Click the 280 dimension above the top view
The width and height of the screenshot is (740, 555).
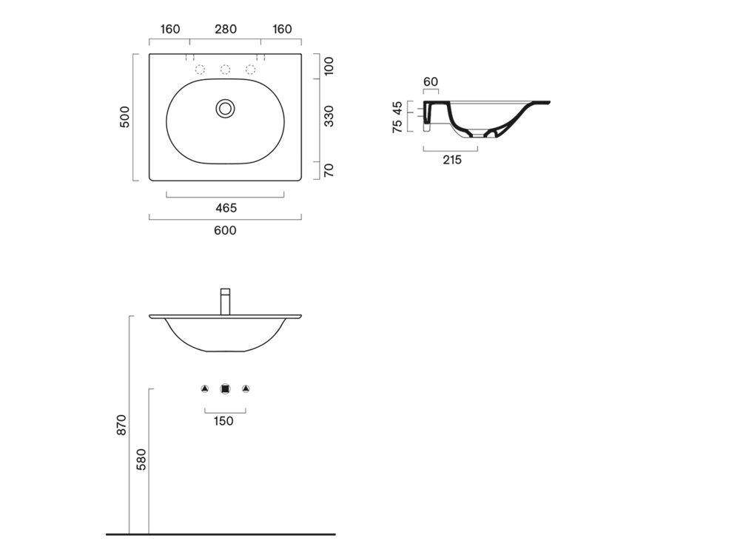(x=226, y=30)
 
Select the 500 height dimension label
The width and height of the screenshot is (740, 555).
(x=124, y=117)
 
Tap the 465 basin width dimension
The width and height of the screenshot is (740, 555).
(x=226, y=208)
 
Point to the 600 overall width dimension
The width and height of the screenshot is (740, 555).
(x=225, y=230)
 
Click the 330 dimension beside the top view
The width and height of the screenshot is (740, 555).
(x=329, y=116)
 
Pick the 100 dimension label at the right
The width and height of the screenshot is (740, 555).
(x=329, y=66)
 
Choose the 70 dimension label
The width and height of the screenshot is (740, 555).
(x=329, y=170)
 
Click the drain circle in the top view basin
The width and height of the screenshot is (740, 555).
(x=226, y=109)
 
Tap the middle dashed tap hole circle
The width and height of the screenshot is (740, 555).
(x=226, y=70)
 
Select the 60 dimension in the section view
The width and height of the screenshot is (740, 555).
(x=431, y=82)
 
